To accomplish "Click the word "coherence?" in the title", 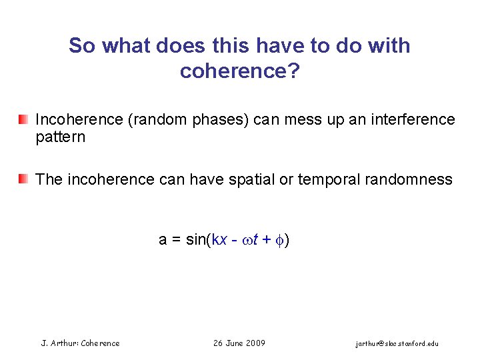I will tap(239, 71).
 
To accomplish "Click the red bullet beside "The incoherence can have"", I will tap(23, 179).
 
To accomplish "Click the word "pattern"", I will tap(60, 137).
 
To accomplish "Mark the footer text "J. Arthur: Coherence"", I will tap(81, 343).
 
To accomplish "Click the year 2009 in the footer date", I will tap(255, 343).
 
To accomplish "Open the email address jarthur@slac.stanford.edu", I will tap(397, 344).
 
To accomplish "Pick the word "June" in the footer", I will tap(235, 343).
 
